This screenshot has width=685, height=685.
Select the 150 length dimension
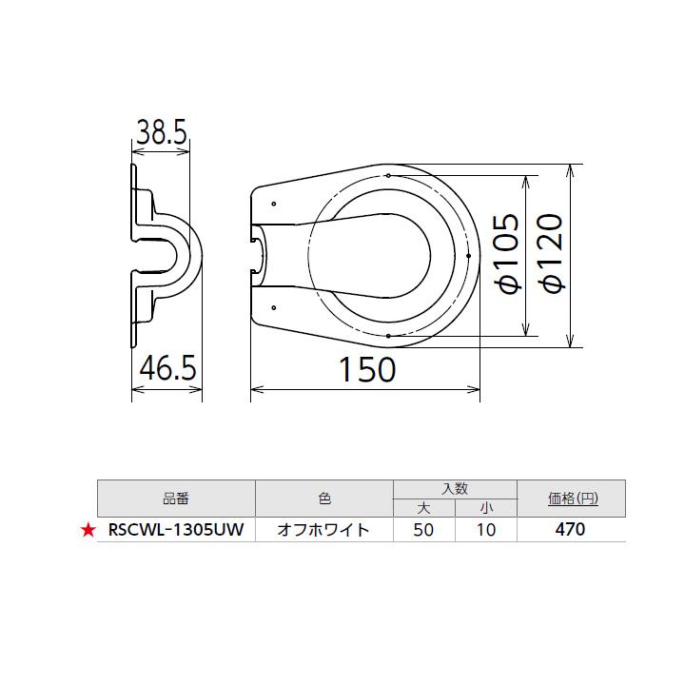click(x=367, y=370)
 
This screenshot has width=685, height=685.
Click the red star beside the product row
click(x=88, y=531)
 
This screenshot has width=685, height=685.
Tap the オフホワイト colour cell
click(x=323, y=531)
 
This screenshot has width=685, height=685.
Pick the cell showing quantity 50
click(x=424, y=531)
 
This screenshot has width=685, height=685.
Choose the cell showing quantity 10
click(x=485, y=531)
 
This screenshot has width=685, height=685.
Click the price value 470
click(x=571, y=531)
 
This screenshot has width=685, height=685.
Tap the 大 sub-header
click(x=424, y=507)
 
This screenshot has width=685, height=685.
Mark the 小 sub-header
click(x=485, y=507)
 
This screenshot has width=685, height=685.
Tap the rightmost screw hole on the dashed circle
click(x=469, y=255)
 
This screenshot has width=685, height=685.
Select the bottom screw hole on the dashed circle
click(x=389, y=335)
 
